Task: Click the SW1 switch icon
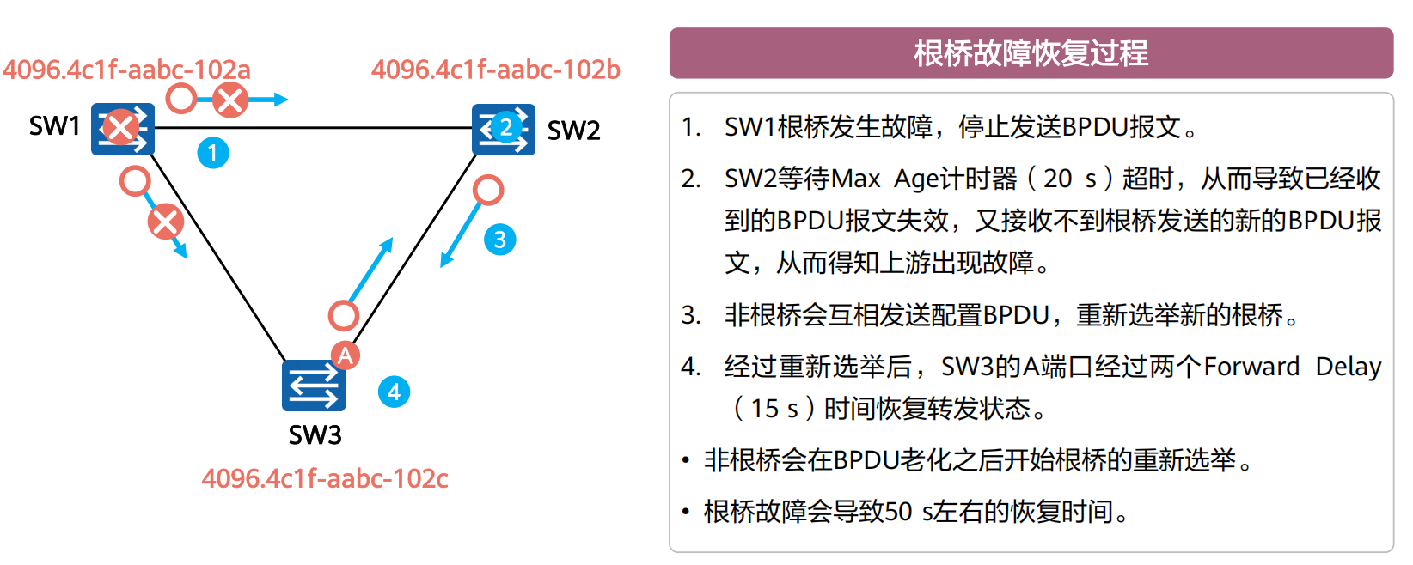pyautogui.click(x=123, y=129)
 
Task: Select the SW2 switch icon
pyautogui.click(x=504, y=129)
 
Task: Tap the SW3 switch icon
pyautogui.click(x=314, y=386)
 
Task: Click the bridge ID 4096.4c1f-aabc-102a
pyautogui.click(x=126, y=69)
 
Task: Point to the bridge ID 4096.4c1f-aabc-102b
pyautogui.click(x=495, y=69)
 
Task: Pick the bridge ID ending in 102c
pyautogui.click(x=325, y=477)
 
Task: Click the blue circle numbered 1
pyautogui.click(x=213, y=153)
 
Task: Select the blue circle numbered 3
pyautogui.click(x=500, y=239)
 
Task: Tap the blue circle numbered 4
pyautogui.click(x=394, y=392)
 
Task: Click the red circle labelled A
pyautogui.click(x=346, y=355)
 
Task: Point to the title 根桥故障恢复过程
pyautogui.click(x=1031, y=53)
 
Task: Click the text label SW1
pyautogui.click(x=54, y=126)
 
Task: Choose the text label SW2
pyautogui.click(x=573, y=131)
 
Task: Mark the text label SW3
pyautogui.click(x=315, y=434)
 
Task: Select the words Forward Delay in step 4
pyautogui.click(x=1292, y=367)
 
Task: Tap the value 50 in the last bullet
pyautogui.click(x=898, y=512)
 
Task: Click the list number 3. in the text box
pyautogui.click(x=691, y=315)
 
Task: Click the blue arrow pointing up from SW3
pyautogui.click(x=370, y=270)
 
